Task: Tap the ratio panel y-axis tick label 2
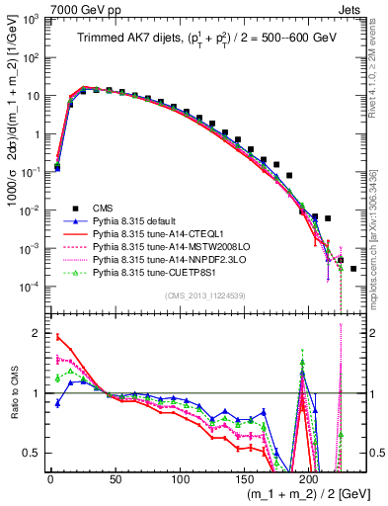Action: pos(37,334)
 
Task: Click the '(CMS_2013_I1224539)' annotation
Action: pos(203,294)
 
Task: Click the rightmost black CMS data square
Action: pos(353,268)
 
